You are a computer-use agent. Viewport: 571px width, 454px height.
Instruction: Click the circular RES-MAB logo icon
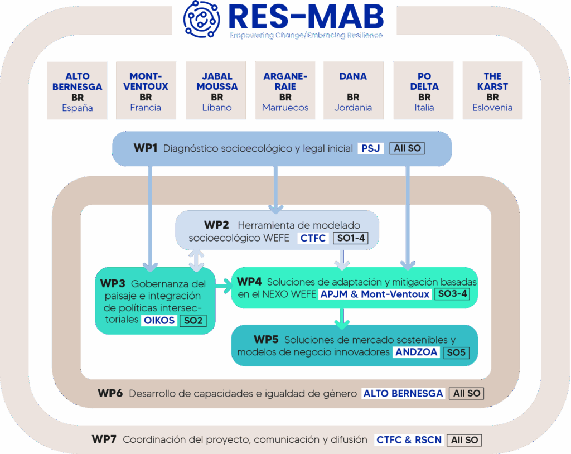(202, 18)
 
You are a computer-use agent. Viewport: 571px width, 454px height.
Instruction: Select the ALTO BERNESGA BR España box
(78, 90)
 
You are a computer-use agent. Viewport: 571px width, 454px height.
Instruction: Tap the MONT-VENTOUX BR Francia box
(146, 90)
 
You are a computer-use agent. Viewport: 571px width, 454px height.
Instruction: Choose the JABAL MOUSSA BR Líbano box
(217, 90)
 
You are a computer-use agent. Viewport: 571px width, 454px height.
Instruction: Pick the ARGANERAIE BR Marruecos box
(285, 90)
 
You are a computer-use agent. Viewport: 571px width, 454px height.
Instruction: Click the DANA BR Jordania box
(353, 90)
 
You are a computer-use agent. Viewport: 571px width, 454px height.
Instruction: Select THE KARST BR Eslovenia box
(492, 90)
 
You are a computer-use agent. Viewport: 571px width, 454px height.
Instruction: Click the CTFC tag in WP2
(312, 239)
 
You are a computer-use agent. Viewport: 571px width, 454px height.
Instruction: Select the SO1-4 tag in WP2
(350, 239)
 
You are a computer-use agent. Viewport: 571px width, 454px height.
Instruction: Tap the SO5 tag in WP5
(455, 352)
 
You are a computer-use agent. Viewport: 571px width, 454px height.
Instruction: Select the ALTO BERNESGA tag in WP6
(403, 393)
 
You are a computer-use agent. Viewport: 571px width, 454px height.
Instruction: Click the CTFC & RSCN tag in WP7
(409, 440)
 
